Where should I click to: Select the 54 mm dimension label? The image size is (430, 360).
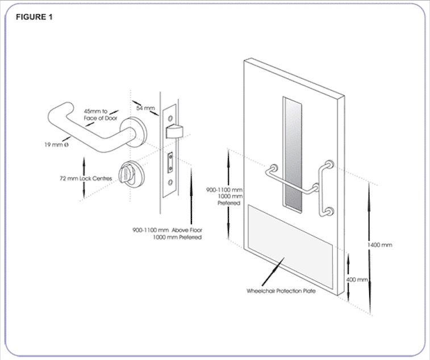[x=145, y=107]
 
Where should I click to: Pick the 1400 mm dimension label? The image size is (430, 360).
[x=380, y=245]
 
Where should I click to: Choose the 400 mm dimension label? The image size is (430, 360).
[x=357, y=280]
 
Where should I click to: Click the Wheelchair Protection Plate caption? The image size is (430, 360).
[x=281, y=290]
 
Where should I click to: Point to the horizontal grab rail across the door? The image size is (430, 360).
[x=290, y=181]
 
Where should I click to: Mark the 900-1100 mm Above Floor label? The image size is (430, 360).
[x=167, y=233]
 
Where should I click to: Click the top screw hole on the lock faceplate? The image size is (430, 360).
[x=169, y=106]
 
